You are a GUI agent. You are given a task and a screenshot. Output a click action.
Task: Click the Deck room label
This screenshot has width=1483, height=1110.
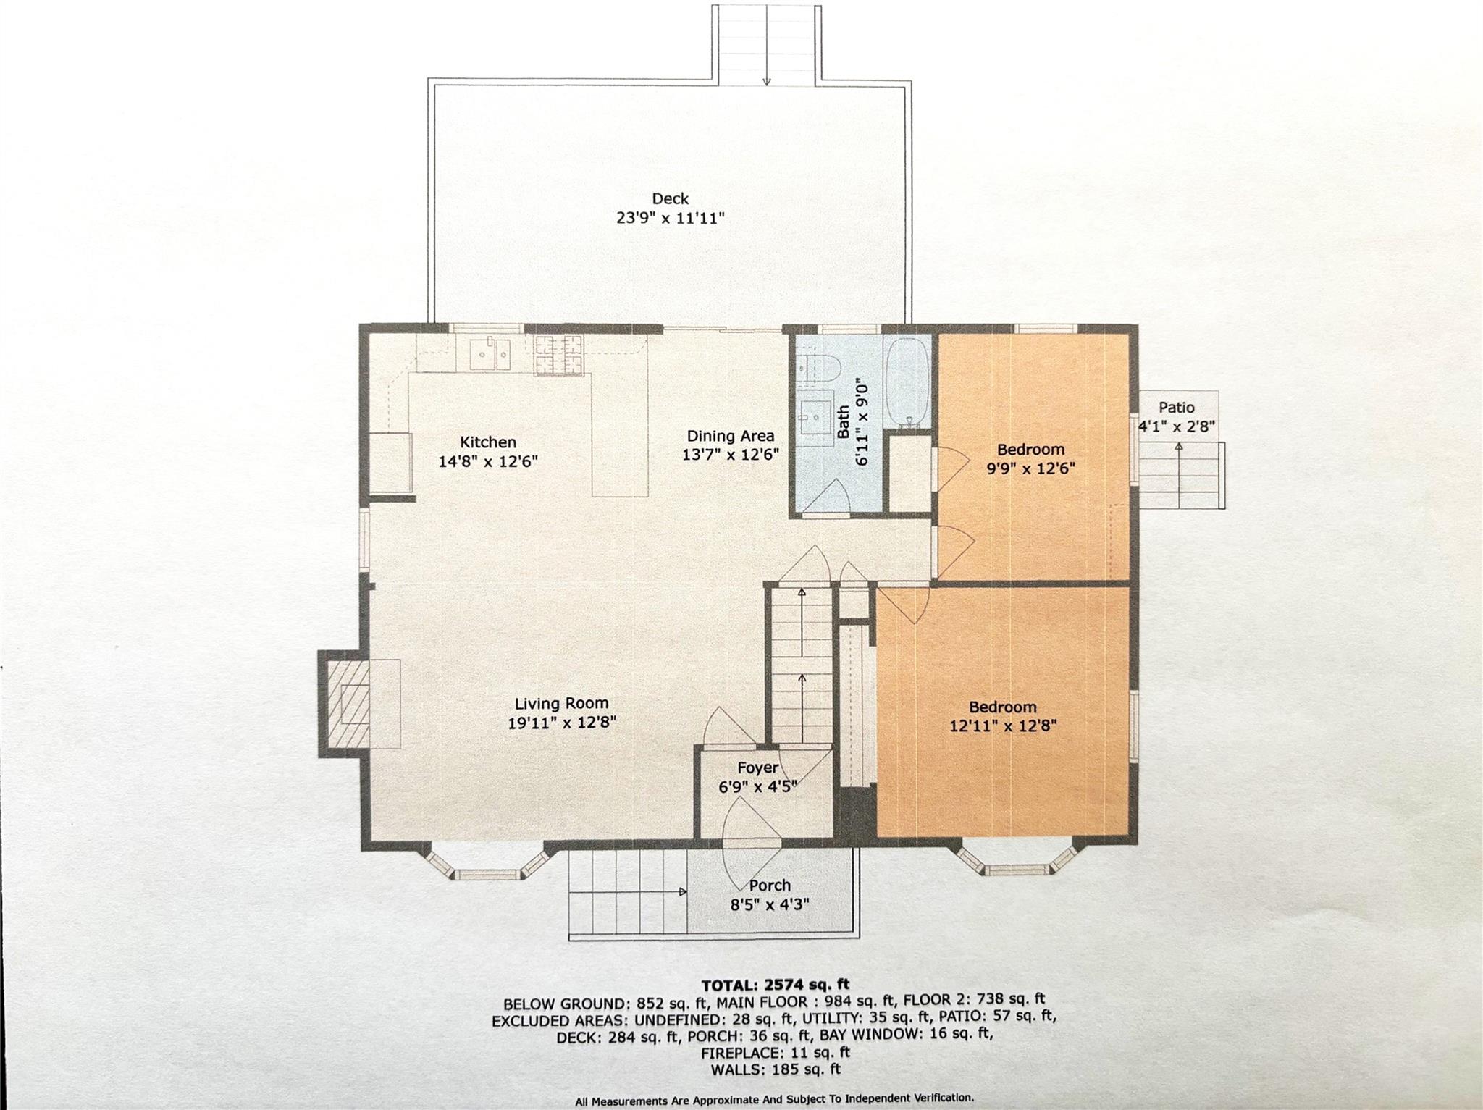point(670,198)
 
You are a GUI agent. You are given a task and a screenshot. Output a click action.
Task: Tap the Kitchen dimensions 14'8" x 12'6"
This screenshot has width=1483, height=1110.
point(488,461)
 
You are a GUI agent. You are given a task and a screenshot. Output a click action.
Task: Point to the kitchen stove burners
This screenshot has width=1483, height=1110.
point(558,356)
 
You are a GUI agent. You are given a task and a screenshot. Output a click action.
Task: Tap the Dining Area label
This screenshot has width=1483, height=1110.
point(730,436)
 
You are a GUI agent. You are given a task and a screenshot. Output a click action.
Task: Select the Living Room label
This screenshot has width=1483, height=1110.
point(561,703)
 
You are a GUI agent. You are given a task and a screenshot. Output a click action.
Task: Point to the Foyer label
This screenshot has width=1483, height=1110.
point(757,768)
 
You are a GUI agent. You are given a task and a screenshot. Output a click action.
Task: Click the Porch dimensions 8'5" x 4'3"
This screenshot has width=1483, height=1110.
point(769,904)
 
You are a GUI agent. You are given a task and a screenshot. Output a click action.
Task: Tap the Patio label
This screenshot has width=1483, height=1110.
point(1176,408)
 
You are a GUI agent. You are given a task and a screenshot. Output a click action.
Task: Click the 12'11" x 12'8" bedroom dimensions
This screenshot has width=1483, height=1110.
point(1003,726)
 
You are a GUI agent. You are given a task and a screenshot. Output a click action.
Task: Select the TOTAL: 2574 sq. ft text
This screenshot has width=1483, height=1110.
point(776,985)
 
